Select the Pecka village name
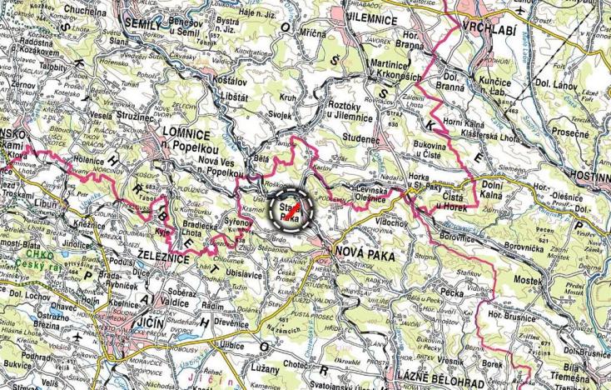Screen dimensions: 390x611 coord(453,293)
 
